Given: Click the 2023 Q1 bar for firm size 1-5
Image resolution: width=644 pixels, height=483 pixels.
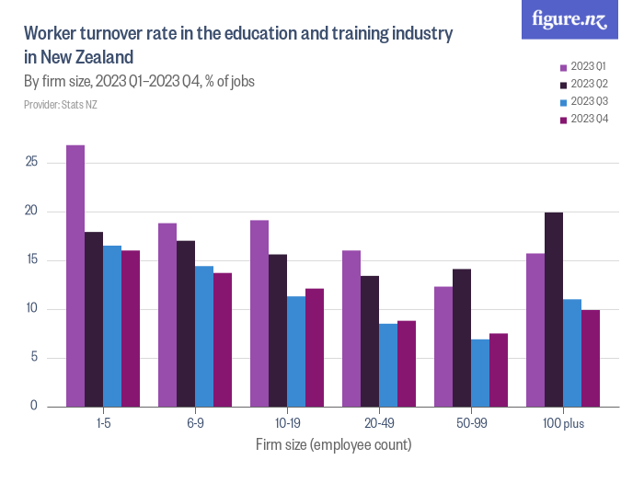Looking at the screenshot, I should (x=75, y=276).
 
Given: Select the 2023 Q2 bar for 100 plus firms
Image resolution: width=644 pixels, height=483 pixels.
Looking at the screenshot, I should (x=554, y=309).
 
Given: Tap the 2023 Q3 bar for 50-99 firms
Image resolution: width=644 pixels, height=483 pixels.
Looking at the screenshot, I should (x=480, y=373).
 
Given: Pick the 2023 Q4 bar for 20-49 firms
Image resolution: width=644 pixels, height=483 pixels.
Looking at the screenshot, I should (x=407, y=363).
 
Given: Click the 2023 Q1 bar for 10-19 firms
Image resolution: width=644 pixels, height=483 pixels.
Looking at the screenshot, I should (x=259, y=313).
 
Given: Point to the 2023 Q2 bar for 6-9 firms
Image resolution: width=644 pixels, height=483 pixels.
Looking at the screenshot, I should (x=186, y=323).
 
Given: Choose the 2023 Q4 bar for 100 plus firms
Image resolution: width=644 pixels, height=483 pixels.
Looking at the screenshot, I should (x=591, y=358).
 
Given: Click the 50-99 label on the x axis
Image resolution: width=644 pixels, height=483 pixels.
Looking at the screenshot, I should (x=471, y=424).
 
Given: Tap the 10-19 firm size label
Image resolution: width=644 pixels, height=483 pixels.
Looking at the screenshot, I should (x=287, y=424).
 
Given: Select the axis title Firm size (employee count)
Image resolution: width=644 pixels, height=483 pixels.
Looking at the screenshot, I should (x=333, y=445).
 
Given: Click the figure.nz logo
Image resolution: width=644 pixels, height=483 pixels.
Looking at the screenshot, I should (x=569, y=19).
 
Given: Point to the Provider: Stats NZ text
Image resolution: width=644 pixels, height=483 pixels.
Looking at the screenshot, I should (x=61, y=105).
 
